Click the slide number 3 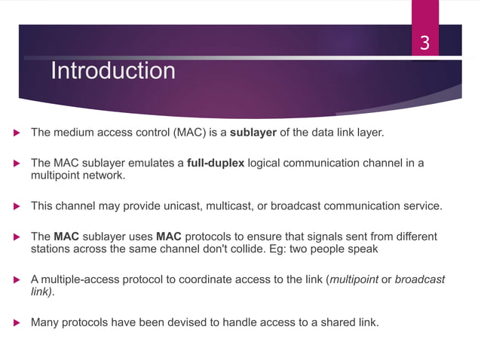point(424,44)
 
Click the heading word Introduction point(112,72)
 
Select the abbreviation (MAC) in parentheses point(189,133)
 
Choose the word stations point(51,249)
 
